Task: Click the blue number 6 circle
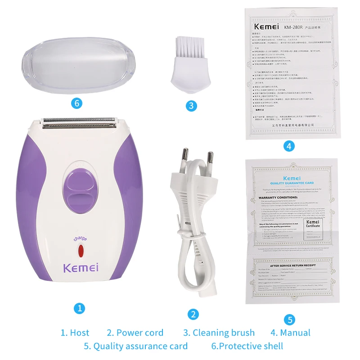tap(77, 103)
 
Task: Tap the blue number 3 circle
tap(191, 106)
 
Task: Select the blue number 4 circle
tap(289, 146)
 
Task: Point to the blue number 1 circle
tap(79, 308)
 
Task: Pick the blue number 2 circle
tap(193, 315)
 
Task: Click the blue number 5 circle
tap(289, 320)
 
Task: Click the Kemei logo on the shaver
tap(81, 269)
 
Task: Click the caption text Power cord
tap(135, 333)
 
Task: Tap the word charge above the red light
tap(81, 239)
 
